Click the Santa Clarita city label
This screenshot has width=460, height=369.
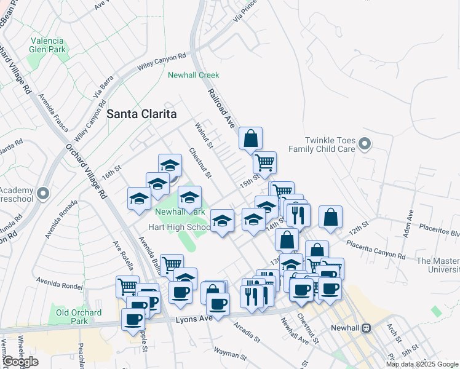[141, 114]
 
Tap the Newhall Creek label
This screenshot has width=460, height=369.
[194, 75]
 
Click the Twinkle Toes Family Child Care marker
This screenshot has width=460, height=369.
[365, 145]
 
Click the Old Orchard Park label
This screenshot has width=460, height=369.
[79, 317]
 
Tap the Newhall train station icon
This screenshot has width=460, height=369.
[367, 328]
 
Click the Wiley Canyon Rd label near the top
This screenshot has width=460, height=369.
[162, 60]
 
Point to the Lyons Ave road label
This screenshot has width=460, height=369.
[194, 319]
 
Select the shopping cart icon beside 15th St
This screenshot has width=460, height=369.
[264, 162]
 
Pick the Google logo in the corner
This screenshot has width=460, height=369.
[20, 362]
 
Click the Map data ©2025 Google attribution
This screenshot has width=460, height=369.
[422, 364]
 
